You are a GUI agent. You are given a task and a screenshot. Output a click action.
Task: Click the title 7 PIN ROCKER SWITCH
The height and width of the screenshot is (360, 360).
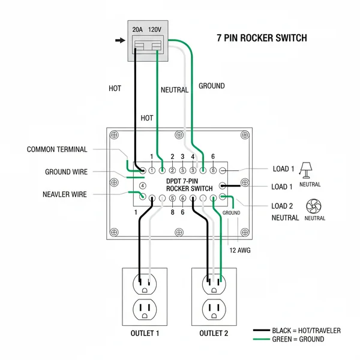pyautogui.click(x=262, y=38)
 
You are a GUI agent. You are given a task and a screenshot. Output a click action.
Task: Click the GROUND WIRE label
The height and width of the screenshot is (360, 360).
pyautogui.click(x=66, y=172)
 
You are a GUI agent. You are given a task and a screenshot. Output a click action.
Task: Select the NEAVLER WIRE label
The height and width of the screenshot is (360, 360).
pyautogui.click(x=65, y=194)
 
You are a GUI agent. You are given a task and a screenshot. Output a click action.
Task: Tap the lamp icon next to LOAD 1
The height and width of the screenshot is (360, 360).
pyautogui.click(x=307, y=169)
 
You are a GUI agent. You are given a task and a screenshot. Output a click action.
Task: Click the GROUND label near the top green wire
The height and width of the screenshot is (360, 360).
pyautogui.click(x=211, y=86)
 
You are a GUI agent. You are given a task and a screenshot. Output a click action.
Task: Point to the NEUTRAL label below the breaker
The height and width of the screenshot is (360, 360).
pyautogui.click(x=175, y=90)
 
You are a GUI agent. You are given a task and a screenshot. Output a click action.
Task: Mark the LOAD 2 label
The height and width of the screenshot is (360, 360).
pyautogui.click(x=283, y=206)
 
